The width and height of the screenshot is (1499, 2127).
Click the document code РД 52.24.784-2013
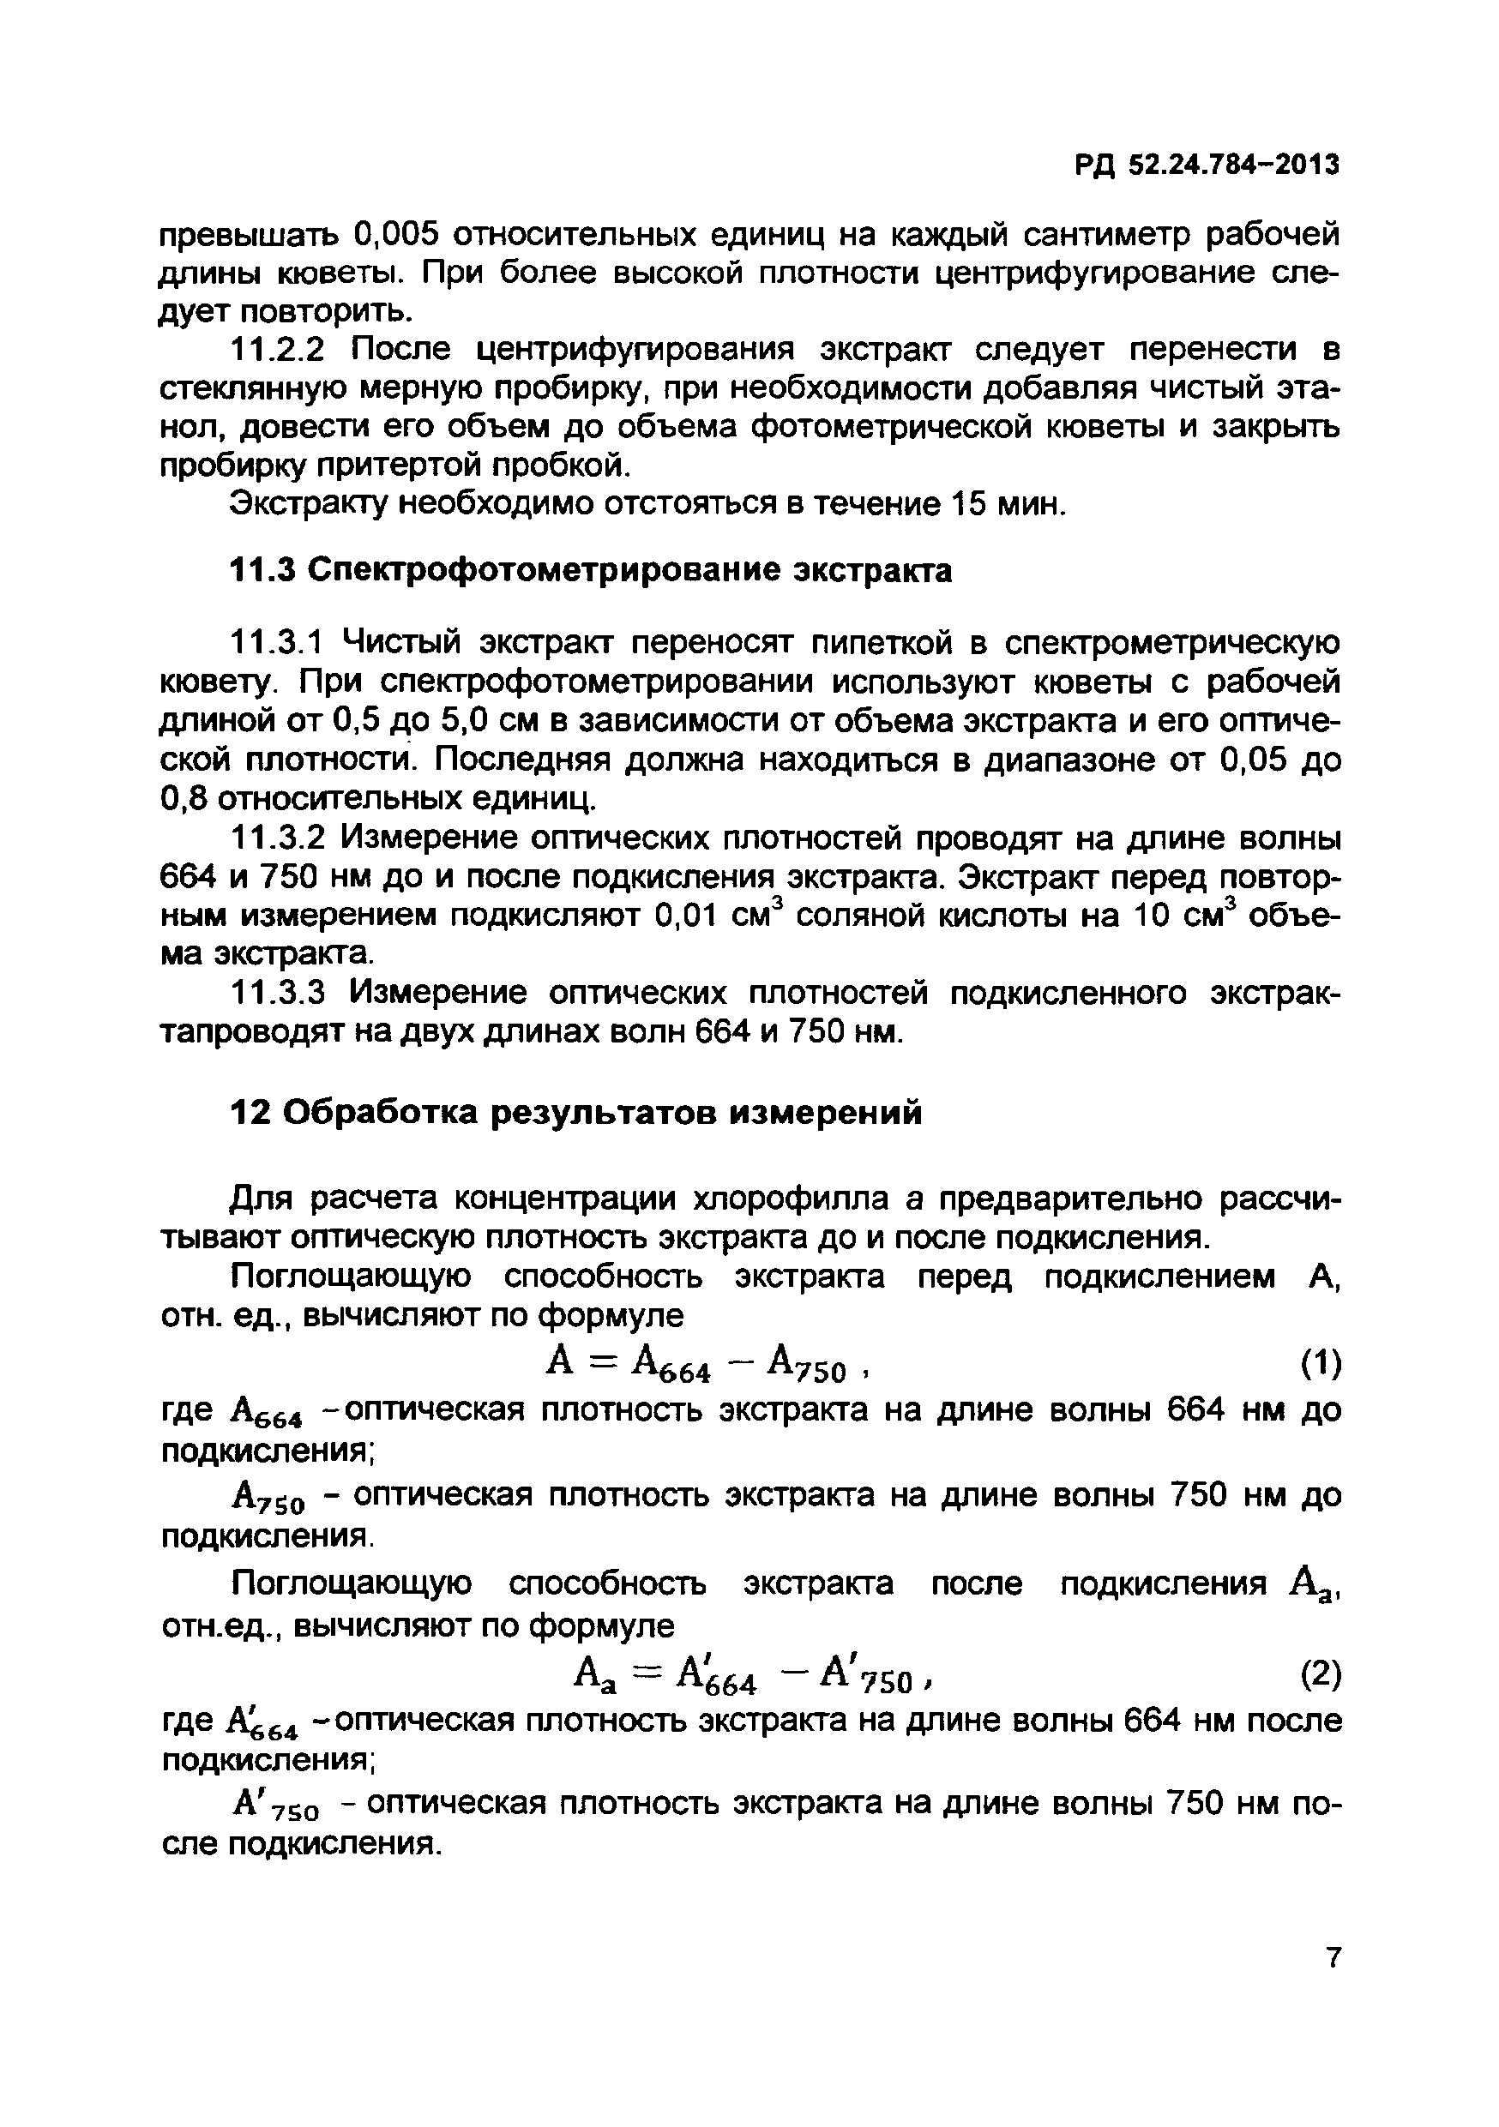click(1207, 165)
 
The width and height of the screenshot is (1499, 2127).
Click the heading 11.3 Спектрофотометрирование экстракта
click(590, 571)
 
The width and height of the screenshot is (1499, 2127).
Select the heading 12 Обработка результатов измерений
click(575, 1112)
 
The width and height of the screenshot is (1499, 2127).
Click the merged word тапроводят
click(250, 1031)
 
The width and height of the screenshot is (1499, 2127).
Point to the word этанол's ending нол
click(191, 427)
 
